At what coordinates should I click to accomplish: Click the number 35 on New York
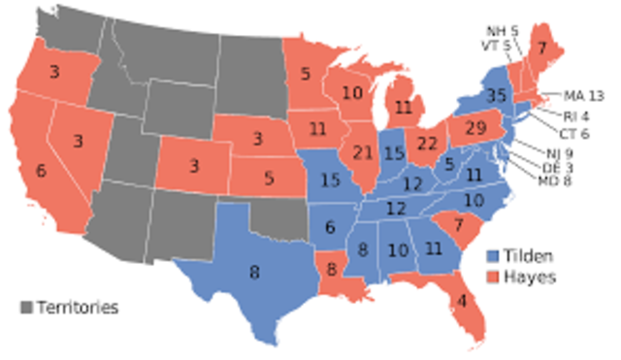499,97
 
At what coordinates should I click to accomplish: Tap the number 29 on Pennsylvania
475,128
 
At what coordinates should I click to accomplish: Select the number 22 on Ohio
426,143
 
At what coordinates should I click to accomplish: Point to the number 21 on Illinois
364,153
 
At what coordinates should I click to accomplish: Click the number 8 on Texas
254,273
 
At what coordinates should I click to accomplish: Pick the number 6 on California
40,170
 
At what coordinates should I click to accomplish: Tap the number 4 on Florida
462,300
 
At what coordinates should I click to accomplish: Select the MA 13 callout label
584,95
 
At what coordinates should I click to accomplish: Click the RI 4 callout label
576,117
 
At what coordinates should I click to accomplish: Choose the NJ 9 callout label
549,152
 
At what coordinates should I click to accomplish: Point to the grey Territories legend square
26,309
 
